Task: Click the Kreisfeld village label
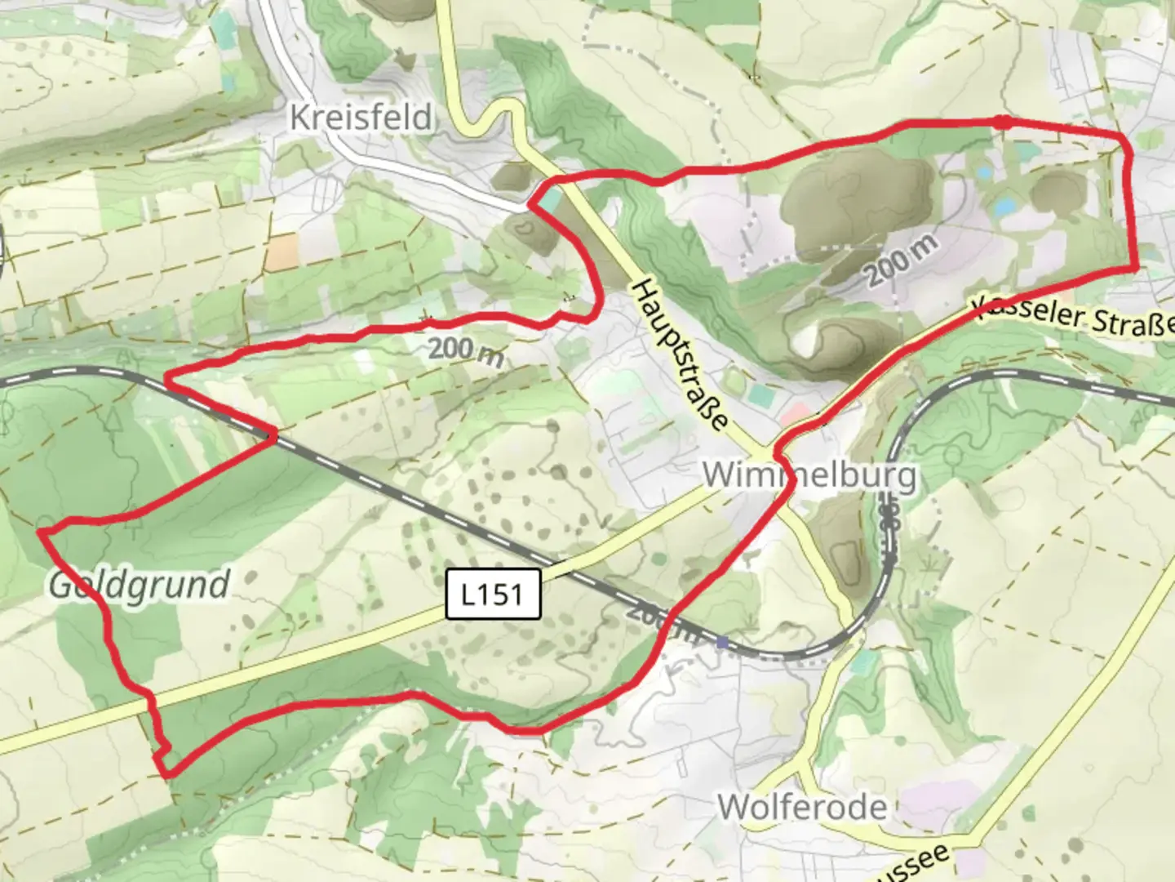[361, 118]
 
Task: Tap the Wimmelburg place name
[809, 474]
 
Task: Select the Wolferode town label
[801, 807]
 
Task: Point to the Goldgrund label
[139, 585]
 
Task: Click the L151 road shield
[494, 594]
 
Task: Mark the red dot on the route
[1003, 122]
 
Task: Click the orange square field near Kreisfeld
[282, 253]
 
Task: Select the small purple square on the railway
[722, 643]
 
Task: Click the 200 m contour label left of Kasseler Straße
[901, 260]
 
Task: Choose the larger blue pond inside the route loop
[1005, 205]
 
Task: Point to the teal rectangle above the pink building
[760, 396]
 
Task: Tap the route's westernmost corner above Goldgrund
[40, 532]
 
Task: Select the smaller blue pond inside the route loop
[984, 173]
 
